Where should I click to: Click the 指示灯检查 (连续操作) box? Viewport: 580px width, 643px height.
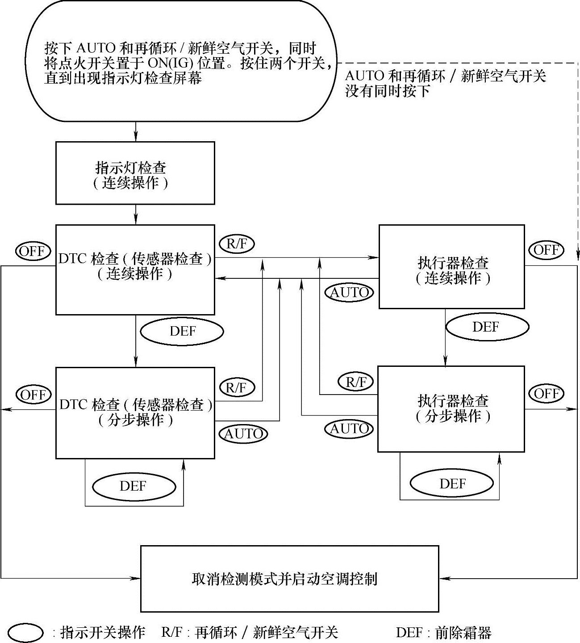(135, 173)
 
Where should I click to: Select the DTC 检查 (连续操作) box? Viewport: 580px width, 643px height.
(135, 269)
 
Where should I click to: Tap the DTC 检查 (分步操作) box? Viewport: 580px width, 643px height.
(135, 412)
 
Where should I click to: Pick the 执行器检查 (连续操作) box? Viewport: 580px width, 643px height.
(451, 267)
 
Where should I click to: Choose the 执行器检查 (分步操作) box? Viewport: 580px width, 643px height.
(451, 408)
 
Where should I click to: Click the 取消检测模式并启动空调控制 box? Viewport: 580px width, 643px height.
(289, 579)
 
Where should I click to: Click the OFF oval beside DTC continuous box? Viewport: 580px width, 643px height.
(33, 251)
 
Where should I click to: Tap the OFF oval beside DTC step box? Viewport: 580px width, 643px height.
(33, 395)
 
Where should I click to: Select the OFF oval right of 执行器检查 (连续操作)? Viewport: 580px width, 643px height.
(546, 249)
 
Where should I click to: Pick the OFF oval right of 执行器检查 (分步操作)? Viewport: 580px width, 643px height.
(546, 393)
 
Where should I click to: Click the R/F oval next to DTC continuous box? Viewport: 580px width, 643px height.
(237, 244)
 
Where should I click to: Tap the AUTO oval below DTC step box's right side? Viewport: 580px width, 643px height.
(243, 433)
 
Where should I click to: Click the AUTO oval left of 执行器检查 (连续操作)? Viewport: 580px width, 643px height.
(350, 293)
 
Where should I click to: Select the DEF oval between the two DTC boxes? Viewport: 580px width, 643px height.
(182, 331)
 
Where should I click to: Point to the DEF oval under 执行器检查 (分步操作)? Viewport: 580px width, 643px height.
(451, 483)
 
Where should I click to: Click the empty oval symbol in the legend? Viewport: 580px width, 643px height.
(26, 632)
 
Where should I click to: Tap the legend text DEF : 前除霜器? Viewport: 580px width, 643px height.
(443, 632)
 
